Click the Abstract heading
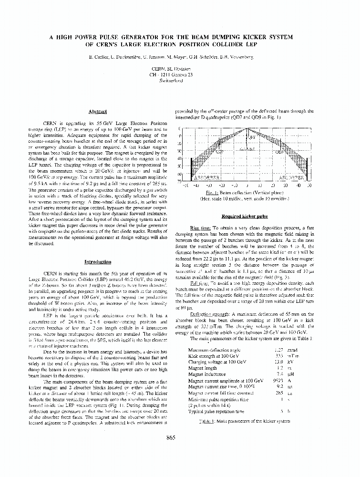click(x=97, y=111)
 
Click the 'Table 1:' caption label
click(x=207, y=422)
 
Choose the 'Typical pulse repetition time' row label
click(x=216, y=411)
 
